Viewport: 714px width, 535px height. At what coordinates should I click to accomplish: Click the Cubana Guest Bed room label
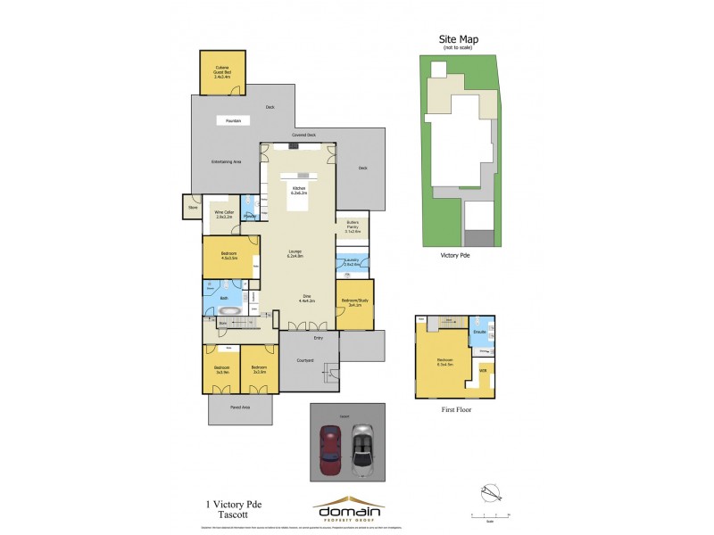[x=222, y=72]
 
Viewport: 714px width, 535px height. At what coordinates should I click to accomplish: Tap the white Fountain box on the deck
[x=233, y=120]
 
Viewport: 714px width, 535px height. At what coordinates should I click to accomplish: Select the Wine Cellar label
[x=223, y=214]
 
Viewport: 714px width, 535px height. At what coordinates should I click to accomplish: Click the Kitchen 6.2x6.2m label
[x=298, y=190]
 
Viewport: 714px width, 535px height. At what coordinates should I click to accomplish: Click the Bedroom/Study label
[x=353, y=302]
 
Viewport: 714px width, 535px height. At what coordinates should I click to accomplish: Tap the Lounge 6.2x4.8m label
[x=295, y=254]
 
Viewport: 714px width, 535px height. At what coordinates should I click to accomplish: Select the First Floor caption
[x=455, y=410]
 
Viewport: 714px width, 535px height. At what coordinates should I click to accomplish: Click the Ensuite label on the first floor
[x=478, y=332]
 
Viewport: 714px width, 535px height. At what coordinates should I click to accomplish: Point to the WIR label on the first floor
[x=483, y=369]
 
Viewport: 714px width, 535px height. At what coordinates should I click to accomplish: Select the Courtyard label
[x=305, y=361]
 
